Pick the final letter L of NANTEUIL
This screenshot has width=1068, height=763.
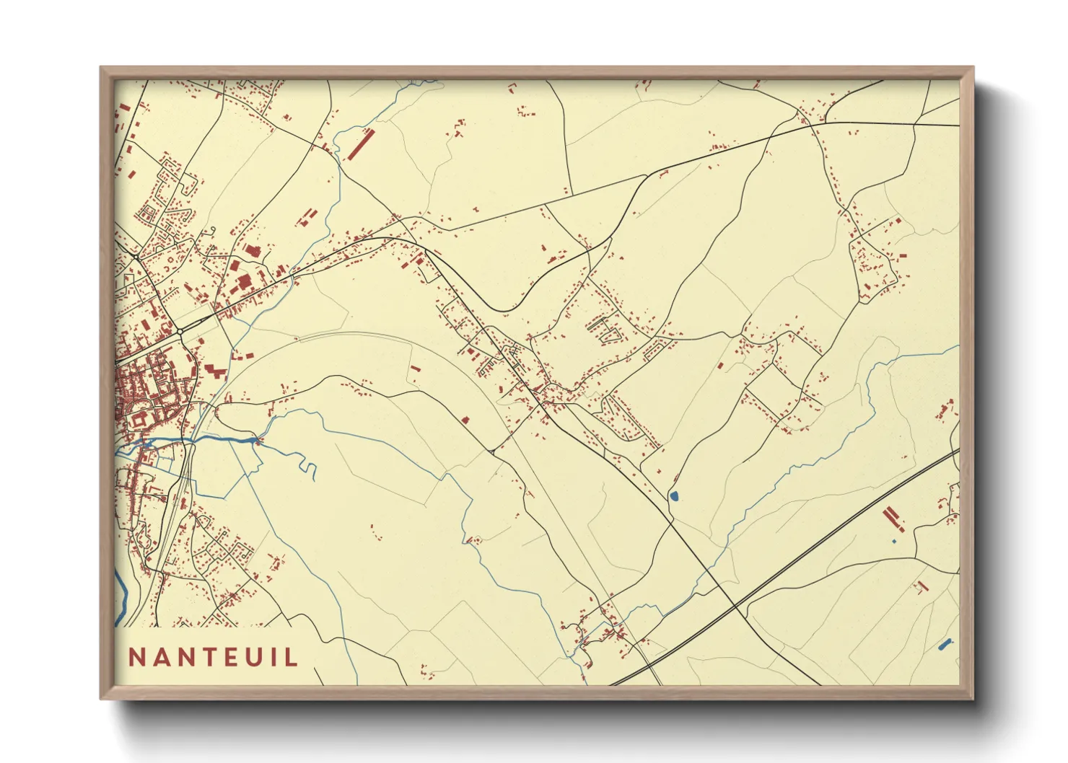click(x=292, y=657)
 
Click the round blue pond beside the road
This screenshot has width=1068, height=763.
click(x=674, y=496)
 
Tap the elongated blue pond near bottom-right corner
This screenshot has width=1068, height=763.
click(x=945, y=643)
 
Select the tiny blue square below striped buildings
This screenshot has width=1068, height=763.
click(x=893, y=541)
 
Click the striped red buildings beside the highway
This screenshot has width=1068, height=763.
click(x=892, y=516)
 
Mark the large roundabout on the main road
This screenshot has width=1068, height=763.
click(x=179, y=331)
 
